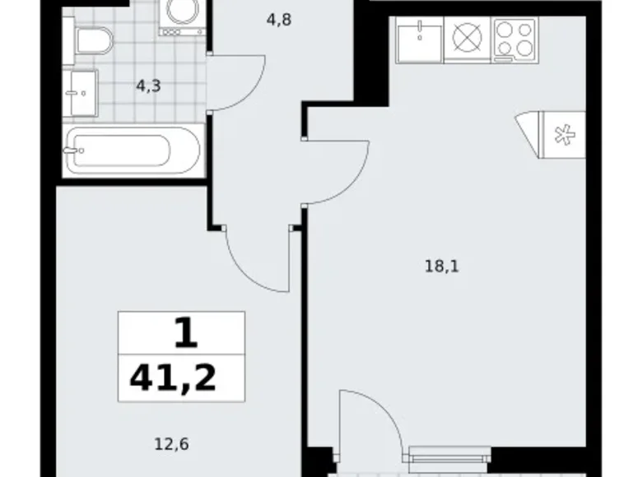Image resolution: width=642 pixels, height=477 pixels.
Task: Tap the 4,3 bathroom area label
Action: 148,85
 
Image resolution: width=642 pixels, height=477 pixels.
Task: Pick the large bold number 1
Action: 185,334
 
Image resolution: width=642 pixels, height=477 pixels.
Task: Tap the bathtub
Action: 133,150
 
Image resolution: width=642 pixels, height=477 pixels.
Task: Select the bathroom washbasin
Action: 80,92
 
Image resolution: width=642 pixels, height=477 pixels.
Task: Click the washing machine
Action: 182,16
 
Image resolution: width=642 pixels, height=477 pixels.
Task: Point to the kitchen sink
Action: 419,40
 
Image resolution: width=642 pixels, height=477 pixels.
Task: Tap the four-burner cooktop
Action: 515,41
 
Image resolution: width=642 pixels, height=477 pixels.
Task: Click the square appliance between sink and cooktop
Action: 468,40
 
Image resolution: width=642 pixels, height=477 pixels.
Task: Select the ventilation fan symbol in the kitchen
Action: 564,132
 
